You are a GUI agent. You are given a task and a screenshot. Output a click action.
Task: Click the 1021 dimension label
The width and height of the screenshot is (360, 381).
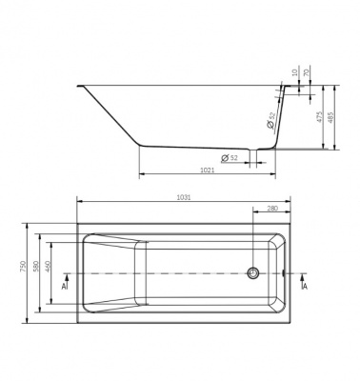pos(208,170)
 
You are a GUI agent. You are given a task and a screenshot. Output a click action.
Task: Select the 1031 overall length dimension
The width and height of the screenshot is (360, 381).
pos(184,197)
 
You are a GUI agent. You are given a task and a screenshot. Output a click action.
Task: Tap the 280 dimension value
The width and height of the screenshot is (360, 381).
pos(272,209)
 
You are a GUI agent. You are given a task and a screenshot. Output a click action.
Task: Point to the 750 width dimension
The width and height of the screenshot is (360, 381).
pos(23,267)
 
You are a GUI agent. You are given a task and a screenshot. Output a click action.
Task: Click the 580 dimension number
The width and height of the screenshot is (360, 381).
pos(35,267)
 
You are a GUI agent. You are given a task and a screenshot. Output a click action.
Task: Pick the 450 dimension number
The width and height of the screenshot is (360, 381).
pos(49,267)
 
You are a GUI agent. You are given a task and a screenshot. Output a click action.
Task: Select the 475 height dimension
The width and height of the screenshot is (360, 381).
pos(320,117)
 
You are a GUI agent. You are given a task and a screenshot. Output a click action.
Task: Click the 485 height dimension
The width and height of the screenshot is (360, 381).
pos(331,117)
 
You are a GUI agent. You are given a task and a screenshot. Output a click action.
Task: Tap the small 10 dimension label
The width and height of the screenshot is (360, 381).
pos(296,72)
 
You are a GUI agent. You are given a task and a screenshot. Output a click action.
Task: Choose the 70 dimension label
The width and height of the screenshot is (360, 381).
pos(307,72)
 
